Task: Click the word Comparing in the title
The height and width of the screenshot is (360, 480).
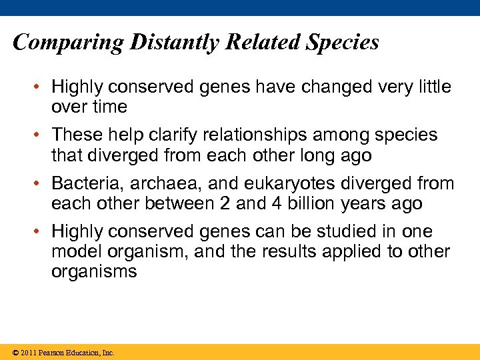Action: click(x=68, y=43)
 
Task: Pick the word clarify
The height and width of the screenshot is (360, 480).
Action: click(x=184, y=135)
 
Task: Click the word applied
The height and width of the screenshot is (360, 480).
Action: click(x=358, y=252)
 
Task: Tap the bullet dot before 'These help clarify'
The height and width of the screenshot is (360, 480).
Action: click(x=39, y=135)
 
